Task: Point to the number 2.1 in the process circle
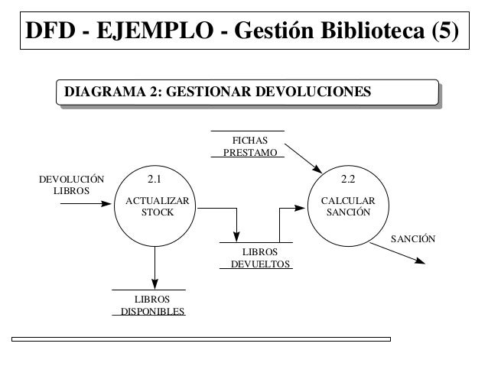coord(154,181)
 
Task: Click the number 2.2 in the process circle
coord(347,181)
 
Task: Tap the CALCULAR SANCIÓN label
coord(348,206)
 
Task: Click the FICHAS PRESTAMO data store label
coord(249,146)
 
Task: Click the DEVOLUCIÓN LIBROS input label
coord(71,184)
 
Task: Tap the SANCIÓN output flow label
coord(413,239)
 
